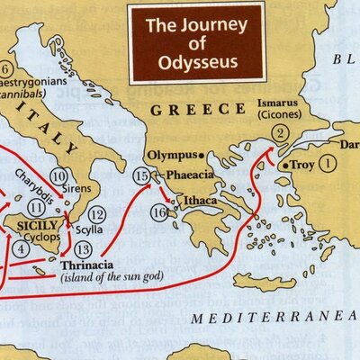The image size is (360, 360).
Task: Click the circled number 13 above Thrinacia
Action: [84, 248]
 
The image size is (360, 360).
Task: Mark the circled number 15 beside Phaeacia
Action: [140, 175]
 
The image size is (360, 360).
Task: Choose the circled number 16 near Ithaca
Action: [158, 213]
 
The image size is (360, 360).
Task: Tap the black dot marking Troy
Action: [285, 166]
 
